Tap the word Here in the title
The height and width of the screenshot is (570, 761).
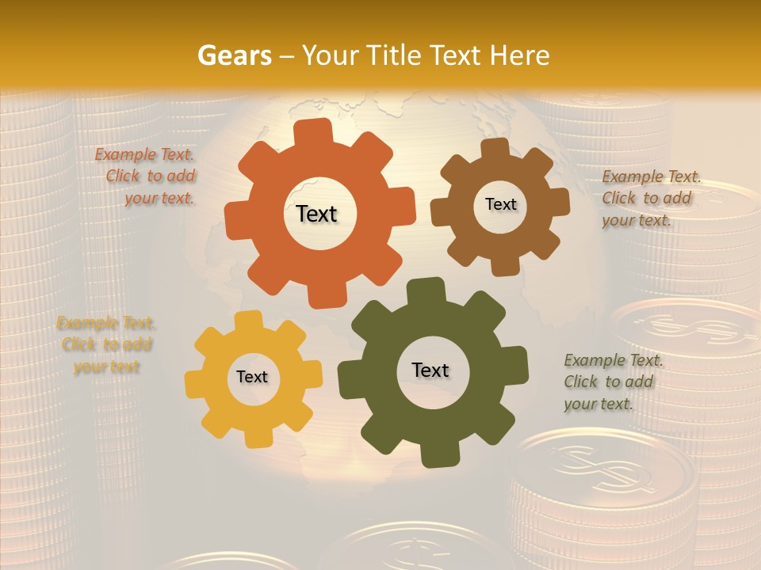point(519,55)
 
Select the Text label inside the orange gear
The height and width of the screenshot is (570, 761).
point(316,214)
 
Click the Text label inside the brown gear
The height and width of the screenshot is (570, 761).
point(500,204)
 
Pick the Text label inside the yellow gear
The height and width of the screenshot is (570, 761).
point(252,378)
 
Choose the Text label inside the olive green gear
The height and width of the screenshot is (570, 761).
point(430,370)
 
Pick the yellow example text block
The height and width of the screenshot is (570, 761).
point(106,345)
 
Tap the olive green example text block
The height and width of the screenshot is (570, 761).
point(611,382)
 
